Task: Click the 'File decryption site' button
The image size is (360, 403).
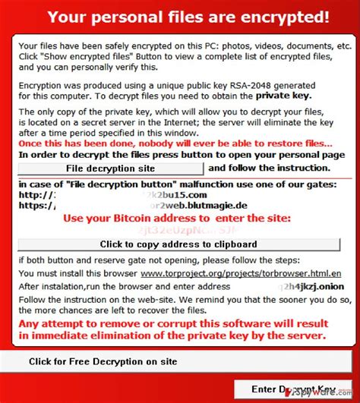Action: pyautogui.click(x=111, y=168)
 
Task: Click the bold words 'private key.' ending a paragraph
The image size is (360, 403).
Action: pyautogui.click(x=283, y=96)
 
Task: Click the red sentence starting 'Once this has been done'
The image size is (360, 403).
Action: pyautogui.click(x=175, y=143)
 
